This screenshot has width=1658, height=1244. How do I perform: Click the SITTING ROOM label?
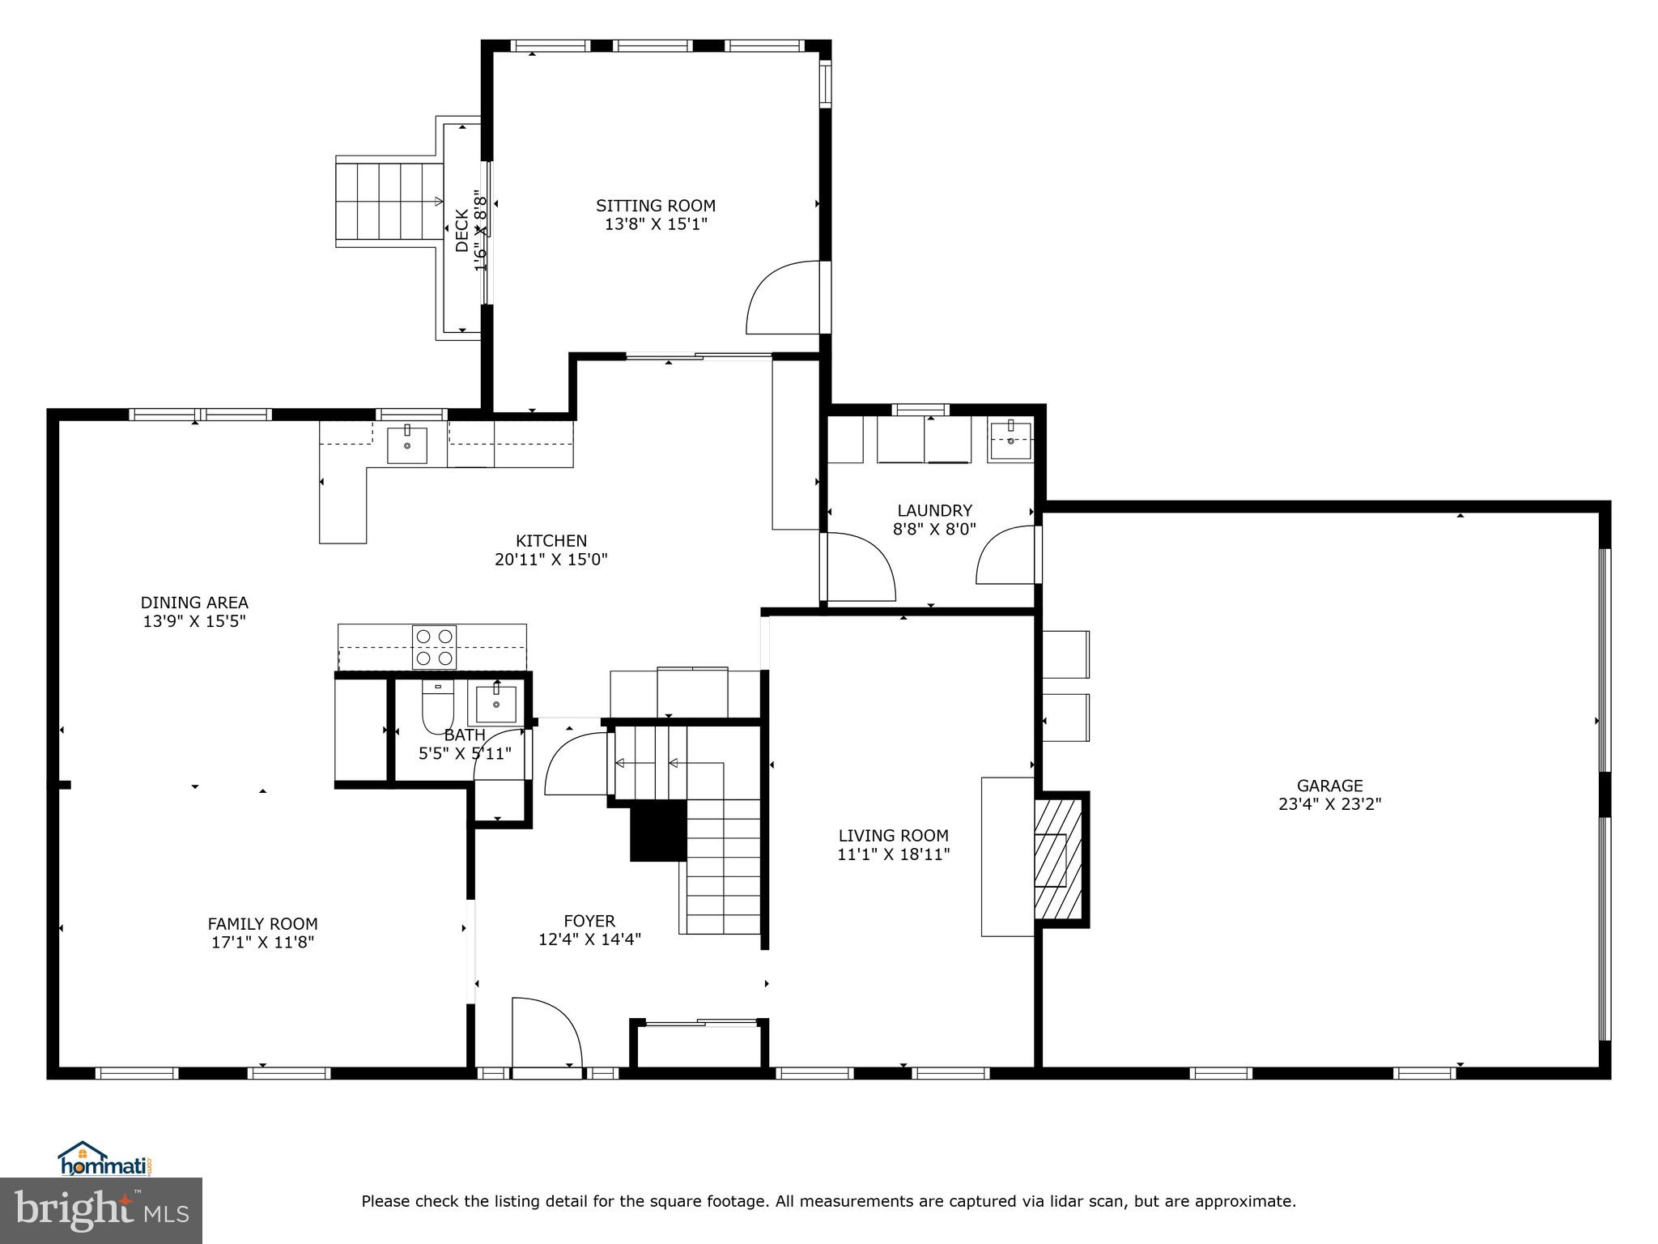tap(656, 206)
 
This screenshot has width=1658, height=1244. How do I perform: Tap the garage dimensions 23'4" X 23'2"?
tap(1329, 804)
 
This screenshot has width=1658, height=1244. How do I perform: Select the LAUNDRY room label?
tap(934, 510)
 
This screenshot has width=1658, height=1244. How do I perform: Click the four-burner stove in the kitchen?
tap(434, 647)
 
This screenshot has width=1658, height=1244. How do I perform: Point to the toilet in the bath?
tap(438, 705)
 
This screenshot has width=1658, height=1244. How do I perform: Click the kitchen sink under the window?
tap(406, 445)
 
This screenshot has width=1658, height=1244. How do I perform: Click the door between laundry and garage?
tap(1007, 555)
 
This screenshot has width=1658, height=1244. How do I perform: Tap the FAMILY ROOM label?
tap(262, 923)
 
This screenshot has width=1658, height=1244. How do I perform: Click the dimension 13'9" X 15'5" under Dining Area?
tap(194, 621)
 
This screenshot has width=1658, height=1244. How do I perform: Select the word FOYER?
tap(589, 921)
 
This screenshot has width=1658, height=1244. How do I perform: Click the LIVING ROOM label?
tap(893, 835)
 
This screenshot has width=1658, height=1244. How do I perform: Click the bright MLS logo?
tap(101, 1211)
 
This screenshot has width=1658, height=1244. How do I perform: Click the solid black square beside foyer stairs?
tap(658, 831)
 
